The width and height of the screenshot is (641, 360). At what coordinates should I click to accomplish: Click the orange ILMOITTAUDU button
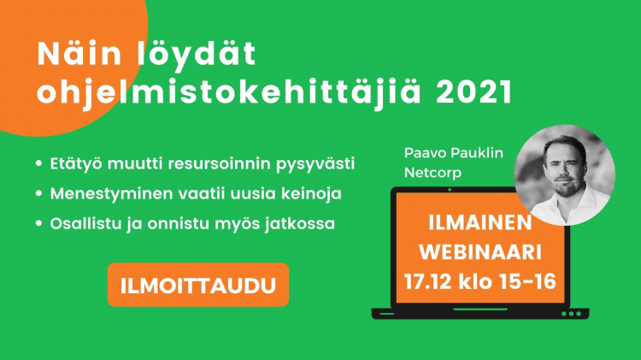[x=198, y=285]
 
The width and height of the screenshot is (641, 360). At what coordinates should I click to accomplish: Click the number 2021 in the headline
[x=473, y=91]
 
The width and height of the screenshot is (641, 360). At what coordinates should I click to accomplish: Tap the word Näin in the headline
[x=79, y=54]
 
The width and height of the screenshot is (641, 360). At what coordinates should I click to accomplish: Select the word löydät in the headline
[x=197, y=55]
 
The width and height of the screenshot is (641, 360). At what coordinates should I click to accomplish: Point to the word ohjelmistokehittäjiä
[x=229, y=93]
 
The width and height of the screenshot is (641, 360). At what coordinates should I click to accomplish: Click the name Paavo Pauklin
[x=453, y=153]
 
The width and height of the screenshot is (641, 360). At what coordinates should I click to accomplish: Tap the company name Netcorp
[x=432, y=173]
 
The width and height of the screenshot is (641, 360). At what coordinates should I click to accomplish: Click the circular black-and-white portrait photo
[x=564, y=175]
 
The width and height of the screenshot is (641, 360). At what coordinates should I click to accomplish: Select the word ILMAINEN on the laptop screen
[x=480, y=222]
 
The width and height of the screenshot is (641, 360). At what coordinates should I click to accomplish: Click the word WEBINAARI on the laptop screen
[x=480, y=252]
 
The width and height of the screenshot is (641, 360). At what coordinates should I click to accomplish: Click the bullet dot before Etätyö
[x=38, y=163]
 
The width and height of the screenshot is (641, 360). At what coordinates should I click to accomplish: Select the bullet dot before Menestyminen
[x=38, y=193]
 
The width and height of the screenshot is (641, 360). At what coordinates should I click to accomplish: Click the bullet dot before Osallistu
[x=38, y=223]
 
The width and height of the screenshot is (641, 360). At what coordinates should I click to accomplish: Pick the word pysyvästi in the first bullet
[x=315, y=164]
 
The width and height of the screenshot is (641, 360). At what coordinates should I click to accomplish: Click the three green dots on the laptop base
[x=571, y=314]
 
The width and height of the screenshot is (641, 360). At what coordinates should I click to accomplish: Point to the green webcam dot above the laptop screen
[x=450, y=190]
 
